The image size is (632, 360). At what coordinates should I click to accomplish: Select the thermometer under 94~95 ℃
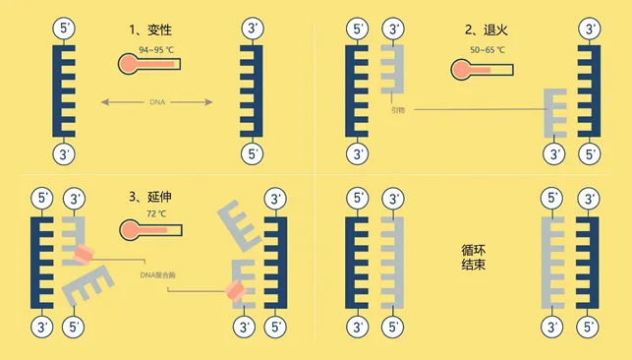click(148, 66)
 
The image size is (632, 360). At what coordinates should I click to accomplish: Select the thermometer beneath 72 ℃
click(148, 230)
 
